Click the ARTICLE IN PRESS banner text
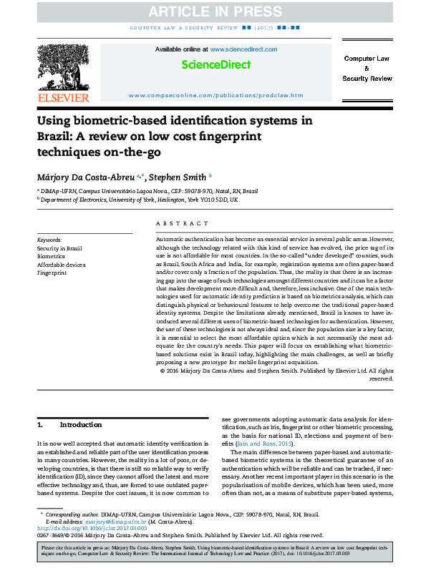213,12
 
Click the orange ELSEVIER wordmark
64,97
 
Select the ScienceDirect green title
216,64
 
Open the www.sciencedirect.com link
243,49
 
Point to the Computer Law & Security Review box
367,68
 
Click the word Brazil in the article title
54,136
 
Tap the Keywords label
49,240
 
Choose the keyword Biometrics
51,255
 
